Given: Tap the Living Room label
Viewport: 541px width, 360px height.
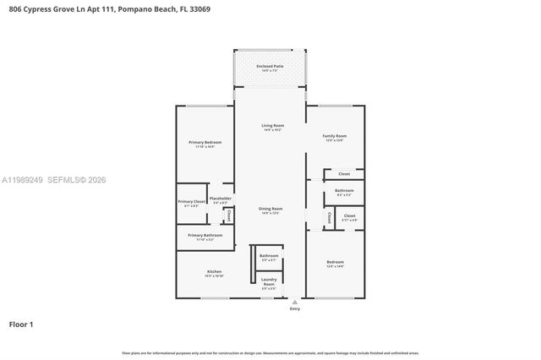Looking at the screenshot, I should click(x=271, y=126).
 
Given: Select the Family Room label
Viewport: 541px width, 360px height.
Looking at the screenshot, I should click(x=335, y=136).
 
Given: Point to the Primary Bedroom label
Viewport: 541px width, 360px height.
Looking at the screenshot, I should click(x=205, y=142).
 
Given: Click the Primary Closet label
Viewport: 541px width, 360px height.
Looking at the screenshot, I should click(x=191, y=201).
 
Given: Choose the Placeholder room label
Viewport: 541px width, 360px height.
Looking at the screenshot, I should click(x=221, y=199).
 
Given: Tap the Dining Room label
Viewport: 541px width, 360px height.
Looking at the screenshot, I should click(x=270, y=209).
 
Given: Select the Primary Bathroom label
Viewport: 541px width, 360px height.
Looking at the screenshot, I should click(x=205, y=235).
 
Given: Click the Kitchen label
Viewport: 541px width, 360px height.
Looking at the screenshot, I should click(x=213, y=271).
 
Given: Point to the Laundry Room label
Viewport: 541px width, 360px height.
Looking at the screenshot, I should click(x=269, y=281).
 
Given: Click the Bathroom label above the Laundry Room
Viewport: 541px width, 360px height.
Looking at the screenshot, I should click(x=269, y=255).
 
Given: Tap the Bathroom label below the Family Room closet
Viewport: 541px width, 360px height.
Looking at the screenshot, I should click(x=344, y=191).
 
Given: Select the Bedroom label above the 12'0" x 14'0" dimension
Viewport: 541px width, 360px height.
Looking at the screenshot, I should click(x=335, y=262).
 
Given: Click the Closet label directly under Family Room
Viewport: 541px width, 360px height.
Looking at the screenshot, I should click(x=344, y=174).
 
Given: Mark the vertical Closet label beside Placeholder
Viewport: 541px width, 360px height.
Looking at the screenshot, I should click(x=228, y=215).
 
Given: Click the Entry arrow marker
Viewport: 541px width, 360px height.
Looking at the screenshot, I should click(x=294, y=301).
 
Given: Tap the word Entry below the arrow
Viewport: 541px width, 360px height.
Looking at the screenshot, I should click(x=294, y=309).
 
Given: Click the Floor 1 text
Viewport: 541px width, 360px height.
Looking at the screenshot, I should click(x=21, y=324).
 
